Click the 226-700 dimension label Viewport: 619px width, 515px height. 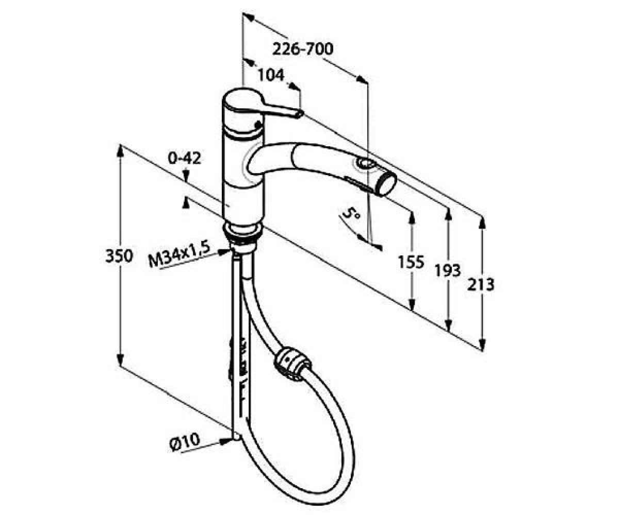(x=303, y=49)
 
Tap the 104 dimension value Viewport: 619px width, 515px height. (x=271, y=75)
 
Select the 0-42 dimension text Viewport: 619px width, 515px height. (x=184, y=158)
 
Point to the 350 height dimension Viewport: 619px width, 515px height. (x=119, y=256)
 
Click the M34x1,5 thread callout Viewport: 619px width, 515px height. (x=180, y=254)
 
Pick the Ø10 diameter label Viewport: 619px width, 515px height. (x=185, y=441)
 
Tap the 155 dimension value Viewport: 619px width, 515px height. (x=411, y=262)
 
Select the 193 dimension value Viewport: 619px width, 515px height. (x=448, y=270)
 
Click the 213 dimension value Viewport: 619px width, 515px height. (x=481, y=285)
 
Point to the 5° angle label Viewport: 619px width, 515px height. (x=352, y=213)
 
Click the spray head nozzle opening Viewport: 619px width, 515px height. (x=389, y=184)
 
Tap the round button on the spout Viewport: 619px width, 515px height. (x=364, y=163)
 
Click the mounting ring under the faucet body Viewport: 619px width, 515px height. (x=242, y=230)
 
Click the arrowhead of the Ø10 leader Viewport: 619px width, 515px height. (x=226, y=441)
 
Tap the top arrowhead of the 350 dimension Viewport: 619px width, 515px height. (x=120, y=151)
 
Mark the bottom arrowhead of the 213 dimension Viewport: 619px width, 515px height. (x=482, y=345)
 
